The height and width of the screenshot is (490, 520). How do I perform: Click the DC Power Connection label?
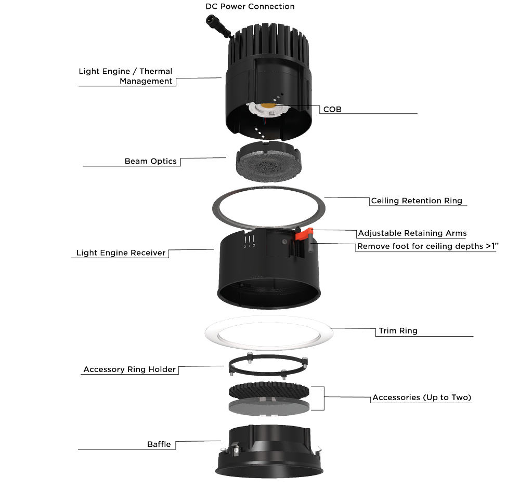(250, 7)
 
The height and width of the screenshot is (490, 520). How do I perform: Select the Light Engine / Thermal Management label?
(126, 76)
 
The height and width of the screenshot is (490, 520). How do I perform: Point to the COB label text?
(332, 110)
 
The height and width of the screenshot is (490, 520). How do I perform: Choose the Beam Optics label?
(150, 161)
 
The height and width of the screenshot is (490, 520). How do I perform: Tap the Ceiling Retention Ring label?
(416, 201)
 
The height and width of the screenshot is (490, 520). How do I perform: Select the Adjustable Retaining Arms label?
(412, 233)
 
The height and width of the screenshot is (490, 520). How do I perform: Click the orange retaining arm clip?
(302, 235)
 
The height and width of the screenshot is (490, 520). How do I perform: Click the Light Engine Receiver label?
(121, 253)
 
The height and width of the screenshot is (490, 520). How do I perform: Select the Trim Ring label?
(398, 330)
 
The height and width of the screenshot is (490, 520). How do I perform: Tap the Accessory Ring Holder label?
(130, 370)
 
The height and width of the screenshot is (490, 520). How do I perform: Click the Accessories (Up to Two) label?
(422, 398)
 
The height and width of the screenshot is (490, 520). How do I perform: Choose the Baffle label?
(159, 444)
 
